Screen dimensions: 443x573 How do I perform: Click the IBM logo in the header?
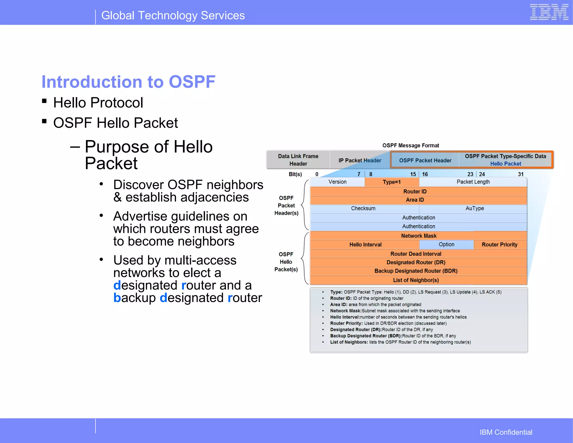pyautogui.click(x=549, y=12)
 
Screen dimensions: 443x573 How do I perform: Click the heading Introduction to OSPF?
pyautogui.click(x=128, y=82)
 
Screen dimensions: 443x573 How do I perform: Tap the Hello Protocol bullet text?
pyautogui.click(x=98, y=102)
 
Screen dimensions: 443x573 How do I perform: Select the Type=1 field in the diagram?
pyautogui.click(x=392, y=182)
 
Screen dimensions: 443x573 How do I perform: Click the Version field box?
pyautogui.click(x=337, y=182)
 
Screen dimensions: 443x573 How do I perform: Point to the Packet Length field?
pyautogui.click(x=473, y=182)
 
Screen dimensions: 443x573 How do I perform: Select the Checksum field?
pyautogui.click(x=363, y=208)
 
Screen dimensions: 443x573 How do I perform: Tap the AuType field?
pyautogui.click(x=475, y=208)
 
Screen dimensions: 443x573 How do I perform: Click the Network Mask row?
pyautogui.click(x=419, y=236)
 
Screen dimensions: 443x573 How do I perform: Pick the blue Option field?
pyautogui.click(x=446, y=244)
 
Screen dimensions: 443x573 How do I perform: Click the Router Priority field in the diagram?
pyautogui.click(x=500, y=245)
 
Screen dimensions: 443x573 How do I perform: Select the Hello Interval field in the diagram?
pyautogui.click(x=365, y=245)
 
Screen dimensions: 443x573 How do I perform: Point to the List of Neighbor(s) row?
pyautogui.click(x=416, y=280)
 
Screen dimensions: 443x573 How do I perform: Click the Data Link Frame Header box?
pyautogui.click(x=298, y=160)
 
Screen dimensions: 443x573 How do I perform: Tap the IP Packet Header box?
pyautogui.click(x=360, y=161)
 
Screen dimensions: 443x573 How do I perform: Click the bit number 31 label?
pyautogui.click(x=520, y=174)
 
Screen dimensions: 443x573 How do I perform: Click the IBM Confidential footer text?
pyautogui.click(x=506, y=432)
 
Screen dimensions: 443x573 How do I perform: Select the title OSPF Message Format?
pyautogui.click(x=410, y=145)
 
